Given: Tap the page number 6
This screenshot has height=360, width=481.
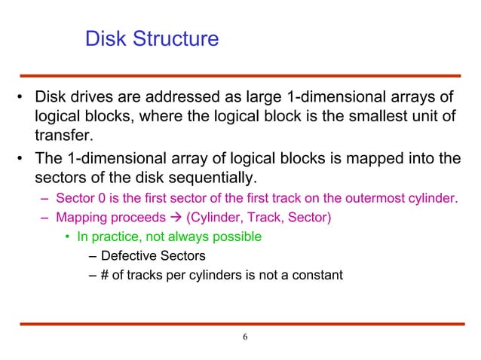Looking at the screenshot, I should pos(243,336).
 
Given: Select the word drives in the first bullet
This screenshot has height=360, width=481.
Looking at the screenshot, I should pos(95,99).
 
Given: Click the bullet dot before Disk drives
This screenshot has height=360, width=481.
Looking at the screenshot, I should pos(22,99).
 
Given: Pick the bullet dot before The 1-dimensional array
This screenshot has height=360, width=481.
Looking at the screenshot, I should pos(22,160).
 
